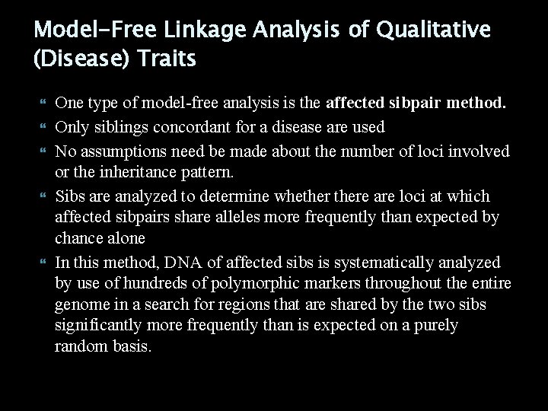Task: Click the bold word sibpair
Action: coord(418,105)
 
